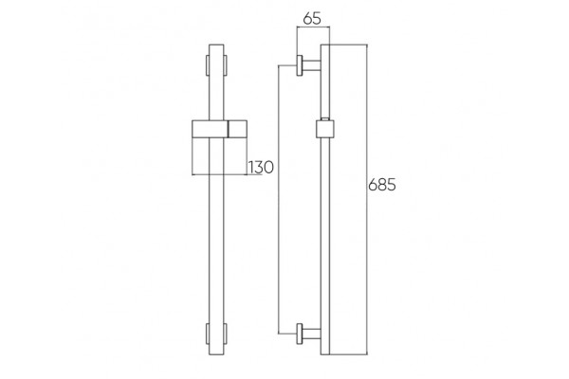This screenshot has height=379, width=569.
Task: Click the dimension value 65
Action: pyautogui.click(x=312, y=18)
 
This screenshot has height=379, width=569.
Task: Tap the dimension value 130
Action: pyautogui.click(x=261, y=167)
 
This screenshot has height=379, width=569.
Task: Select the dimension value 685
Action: pyautogui.click(x=382, y=185)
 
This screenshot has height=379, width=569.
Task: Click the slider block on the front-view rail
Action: pyautogui.click(x=219, y=129)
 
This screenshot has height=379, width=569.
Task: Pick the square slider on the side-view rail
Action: pyautogui.click(x=325, y=129)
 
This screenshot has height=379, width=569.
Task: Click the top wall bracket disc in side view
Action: pyautogui.click(x=300, y=65)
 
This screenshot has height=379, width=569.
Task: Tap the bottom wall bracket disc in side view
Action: pyautogui.click(x=300, y=334)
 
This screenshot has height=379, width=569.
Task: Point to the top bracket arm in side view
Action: pyautogui.click(x=311, y=65)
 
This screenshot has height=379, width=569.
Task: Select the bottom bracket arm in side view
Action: pyautogui.click(x=311, y=334)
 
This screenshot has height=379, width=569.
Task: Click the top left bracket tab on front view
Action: pyautogui.click(x=208, y=65)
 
